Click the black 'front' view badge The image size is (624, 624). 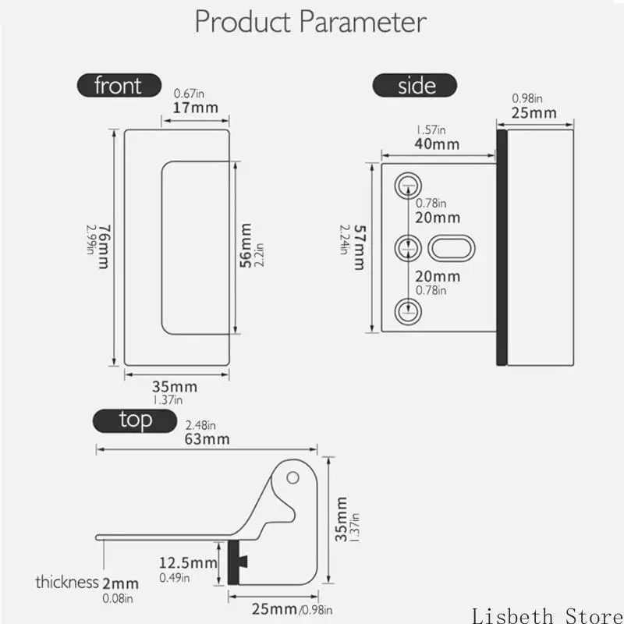119,85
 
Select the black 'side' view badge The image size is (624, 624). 415,85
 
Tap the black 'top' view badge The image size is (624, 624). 135,420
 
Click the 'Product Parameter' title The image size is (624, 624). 310,22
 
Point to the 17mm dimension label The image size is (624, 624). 196,108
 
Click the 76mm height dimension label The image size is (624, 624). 104,246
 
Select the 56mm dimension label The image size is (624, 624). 246,246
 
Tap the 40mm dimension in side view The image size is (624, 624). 437,144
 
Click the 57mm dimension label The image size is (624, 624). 360,247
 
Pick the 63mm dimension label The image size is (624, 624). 207,439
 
